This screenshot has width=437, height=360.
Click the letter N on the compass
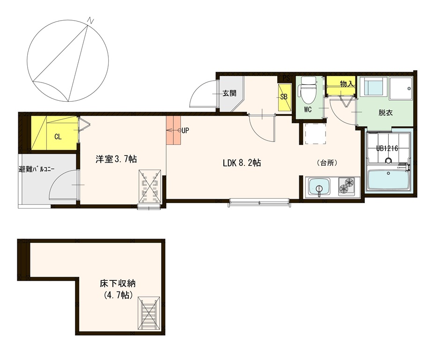coord(90,21)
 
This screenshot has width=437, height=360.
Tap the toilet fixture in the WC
coord(308,89)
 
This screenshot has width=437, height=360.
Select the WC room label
coord(308,110)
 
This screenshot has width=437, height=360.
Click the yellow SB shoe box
coord(284,97)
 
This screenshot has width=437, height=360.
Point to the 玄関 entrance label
coord(230,93)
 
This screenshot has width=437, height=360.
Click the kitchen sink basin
coord(319,187)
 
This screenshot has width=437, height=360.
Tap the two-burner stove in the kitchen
coord(347,186)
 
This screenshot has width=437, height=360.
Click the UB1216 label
coord(387,148)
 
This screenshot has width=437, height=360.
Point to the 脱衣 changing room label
coord(385,112)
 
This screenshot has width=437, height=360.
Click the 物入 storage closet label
coord(347,83)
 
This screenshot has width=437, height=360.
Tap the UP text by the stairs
coord(185,130)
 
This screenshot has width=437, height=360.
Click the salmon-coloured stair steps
coord(173,130)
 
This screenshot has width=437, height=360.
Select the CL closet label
coord(58,136)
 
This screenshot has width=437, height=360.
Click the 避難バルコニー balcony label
coord(37,169)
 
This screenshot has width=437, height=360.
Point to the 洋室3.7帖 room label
coord(116,159)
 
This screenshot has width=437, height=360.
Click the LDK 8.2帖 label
coord(242,163)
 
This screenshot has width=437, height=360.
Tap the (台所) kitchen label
coord(327,163)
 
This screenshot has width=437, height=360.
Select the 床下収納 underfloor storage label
coord(118,284)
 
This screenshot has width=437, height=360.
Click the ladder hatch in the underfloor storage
coord(149,314)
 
